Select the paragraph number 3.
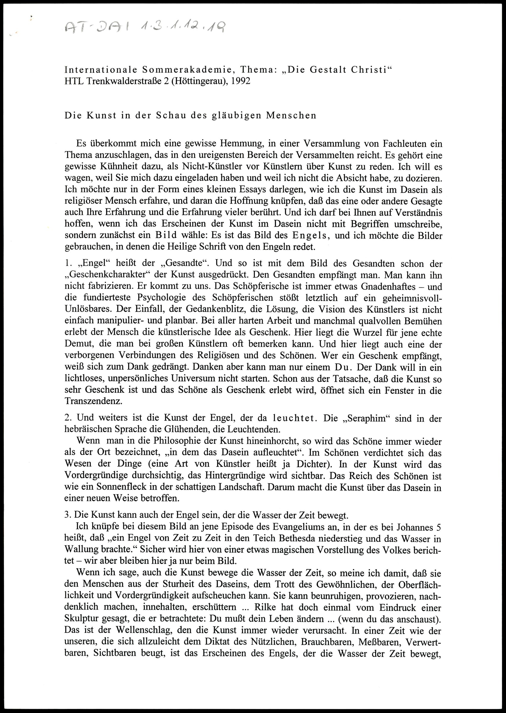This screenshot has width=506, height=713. [x=66, y=516]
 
